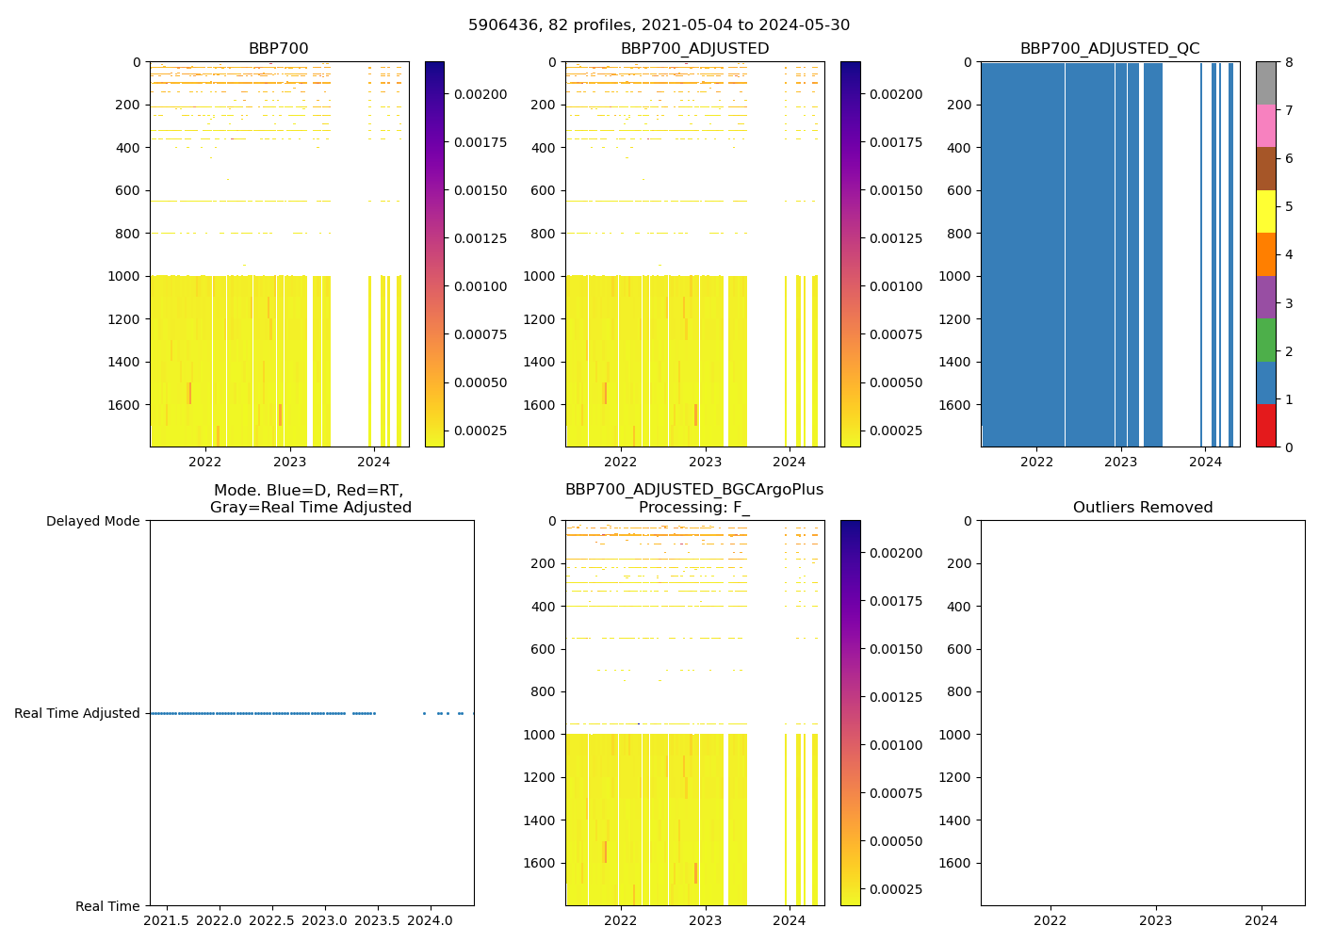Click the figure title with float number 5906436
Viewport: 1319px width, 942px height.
(659, 25)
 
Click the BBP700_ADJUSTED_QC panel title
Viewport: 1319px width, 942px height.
(1110, 49)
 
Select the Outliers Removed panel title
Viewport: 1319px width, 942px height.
(1142, 508)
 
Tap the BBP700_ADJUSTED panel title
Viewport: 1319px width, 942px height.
(694, 49)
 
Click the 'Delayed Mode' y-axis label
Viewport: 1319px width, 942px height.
(92, 521)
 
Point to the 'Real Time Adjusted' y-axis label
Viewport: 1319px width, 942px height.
(77, 713)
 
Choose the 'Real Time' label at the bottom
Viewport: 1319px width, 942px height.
(107, 906)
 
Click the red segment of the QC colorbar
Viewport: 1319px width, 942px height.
(1265, 426)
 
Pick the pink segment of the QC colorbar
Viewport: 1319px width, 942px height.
(1265, 125)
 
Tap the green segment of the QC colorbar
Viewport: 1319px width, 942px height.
(1265, 340)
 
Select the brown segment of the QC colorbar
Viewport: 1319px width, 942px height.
(1265, 169)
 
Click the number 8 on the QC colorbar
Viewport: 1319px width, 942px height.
(1289, 62)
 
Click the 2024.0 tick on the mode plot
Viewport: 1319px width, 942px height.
(431, 920)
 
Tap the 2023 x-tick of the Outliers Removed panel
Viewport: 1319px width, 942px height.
(1156, 920)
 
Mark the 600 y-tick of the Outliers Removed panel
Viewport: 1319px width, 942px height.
(959, 649)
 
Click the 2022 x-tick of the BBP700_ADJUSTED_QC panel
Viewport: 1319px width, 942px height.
(1036, 462)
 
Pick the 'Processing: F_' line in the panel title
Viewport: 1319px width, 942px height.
(694, 508)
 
